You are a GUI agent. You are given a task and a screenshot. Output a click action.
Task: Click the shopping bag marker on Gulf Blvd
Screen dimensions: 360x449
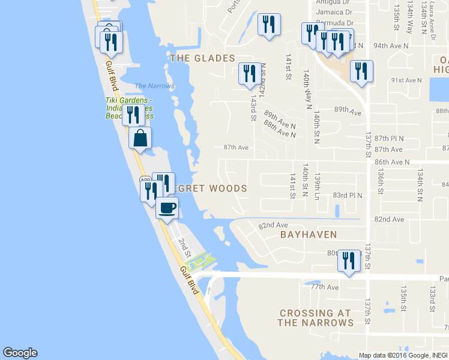point(139,139)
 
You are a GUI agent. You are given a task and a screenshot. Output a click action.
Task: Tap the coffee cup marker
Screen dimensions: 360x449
point(167,208)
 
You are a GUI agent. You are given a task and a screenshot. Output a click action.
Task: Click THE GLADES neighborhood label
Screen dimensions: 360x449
point(202,58)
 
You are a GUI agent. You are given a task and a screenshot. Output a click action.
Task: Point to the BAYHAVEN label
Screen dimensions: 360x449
point(309,235)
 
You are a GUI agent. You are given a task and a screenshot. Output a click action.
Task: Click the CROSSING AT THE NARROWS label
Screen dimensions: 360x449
point(315,318)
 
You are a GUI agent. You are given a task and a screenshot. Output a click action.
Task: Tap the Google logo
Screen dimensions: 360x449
point(20,353)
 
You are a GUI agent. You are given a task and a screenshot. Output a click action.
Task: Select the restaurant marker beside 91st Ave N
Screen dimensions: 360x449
point(362,72)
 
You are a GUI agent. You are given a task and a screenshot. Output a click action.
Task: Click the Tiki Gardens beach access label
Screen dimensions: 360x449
point(128,108)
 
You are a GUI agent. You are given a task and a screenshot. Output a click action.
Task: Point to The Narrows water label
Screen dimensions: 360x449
point(155,86)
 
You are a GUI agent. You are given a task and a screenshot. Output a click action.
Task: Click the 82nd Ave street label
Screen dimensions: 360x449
point(273,226)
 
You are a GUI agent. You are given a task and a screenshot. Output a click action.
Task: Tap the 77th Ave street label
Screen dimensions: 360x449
point(325,287)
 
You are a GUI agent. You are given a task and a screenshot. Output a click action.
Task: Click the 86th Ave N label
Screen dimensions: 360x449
point(391,162)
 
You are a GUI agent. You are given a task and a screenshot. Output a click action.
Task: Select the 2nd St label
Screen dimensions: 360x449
point(183,247)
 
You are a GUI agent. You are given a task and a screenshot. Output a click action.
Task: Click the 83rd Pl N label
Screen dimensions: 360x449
point(348,196)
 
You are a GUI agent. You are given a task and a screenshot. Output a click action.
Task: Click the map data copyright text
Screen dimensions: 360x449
point(403,355)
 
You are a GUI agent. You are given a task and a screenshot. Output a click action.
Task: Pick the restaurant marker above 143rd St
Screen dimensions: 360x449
point(249,74)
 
